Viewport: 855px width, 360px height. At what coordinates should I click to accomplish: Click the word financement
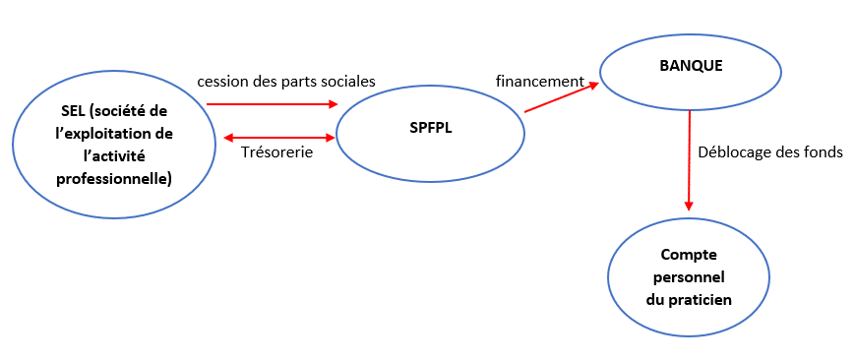pyautogui.click(x=539, y=81)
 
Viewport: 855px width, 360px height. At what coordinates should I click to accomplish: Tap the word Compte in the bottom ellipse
pyautogui.click(x=689, y=255)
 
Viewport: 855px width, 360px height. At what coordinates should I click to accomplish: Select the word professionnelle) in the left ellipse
pyautogui.click(x=113, y=178)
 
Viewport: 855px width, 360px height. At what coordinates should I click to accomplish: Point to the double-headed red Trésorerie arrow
pyautogui.click(x=280, y=137)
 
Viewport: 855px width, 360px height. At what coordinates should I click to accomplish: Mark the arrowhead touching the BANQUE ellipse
pyautogui.click(x=592, y=86)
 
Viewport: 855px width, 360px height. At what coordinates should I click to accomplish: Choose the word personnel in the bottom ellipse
pyautogui.click(x=689, y=276)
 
